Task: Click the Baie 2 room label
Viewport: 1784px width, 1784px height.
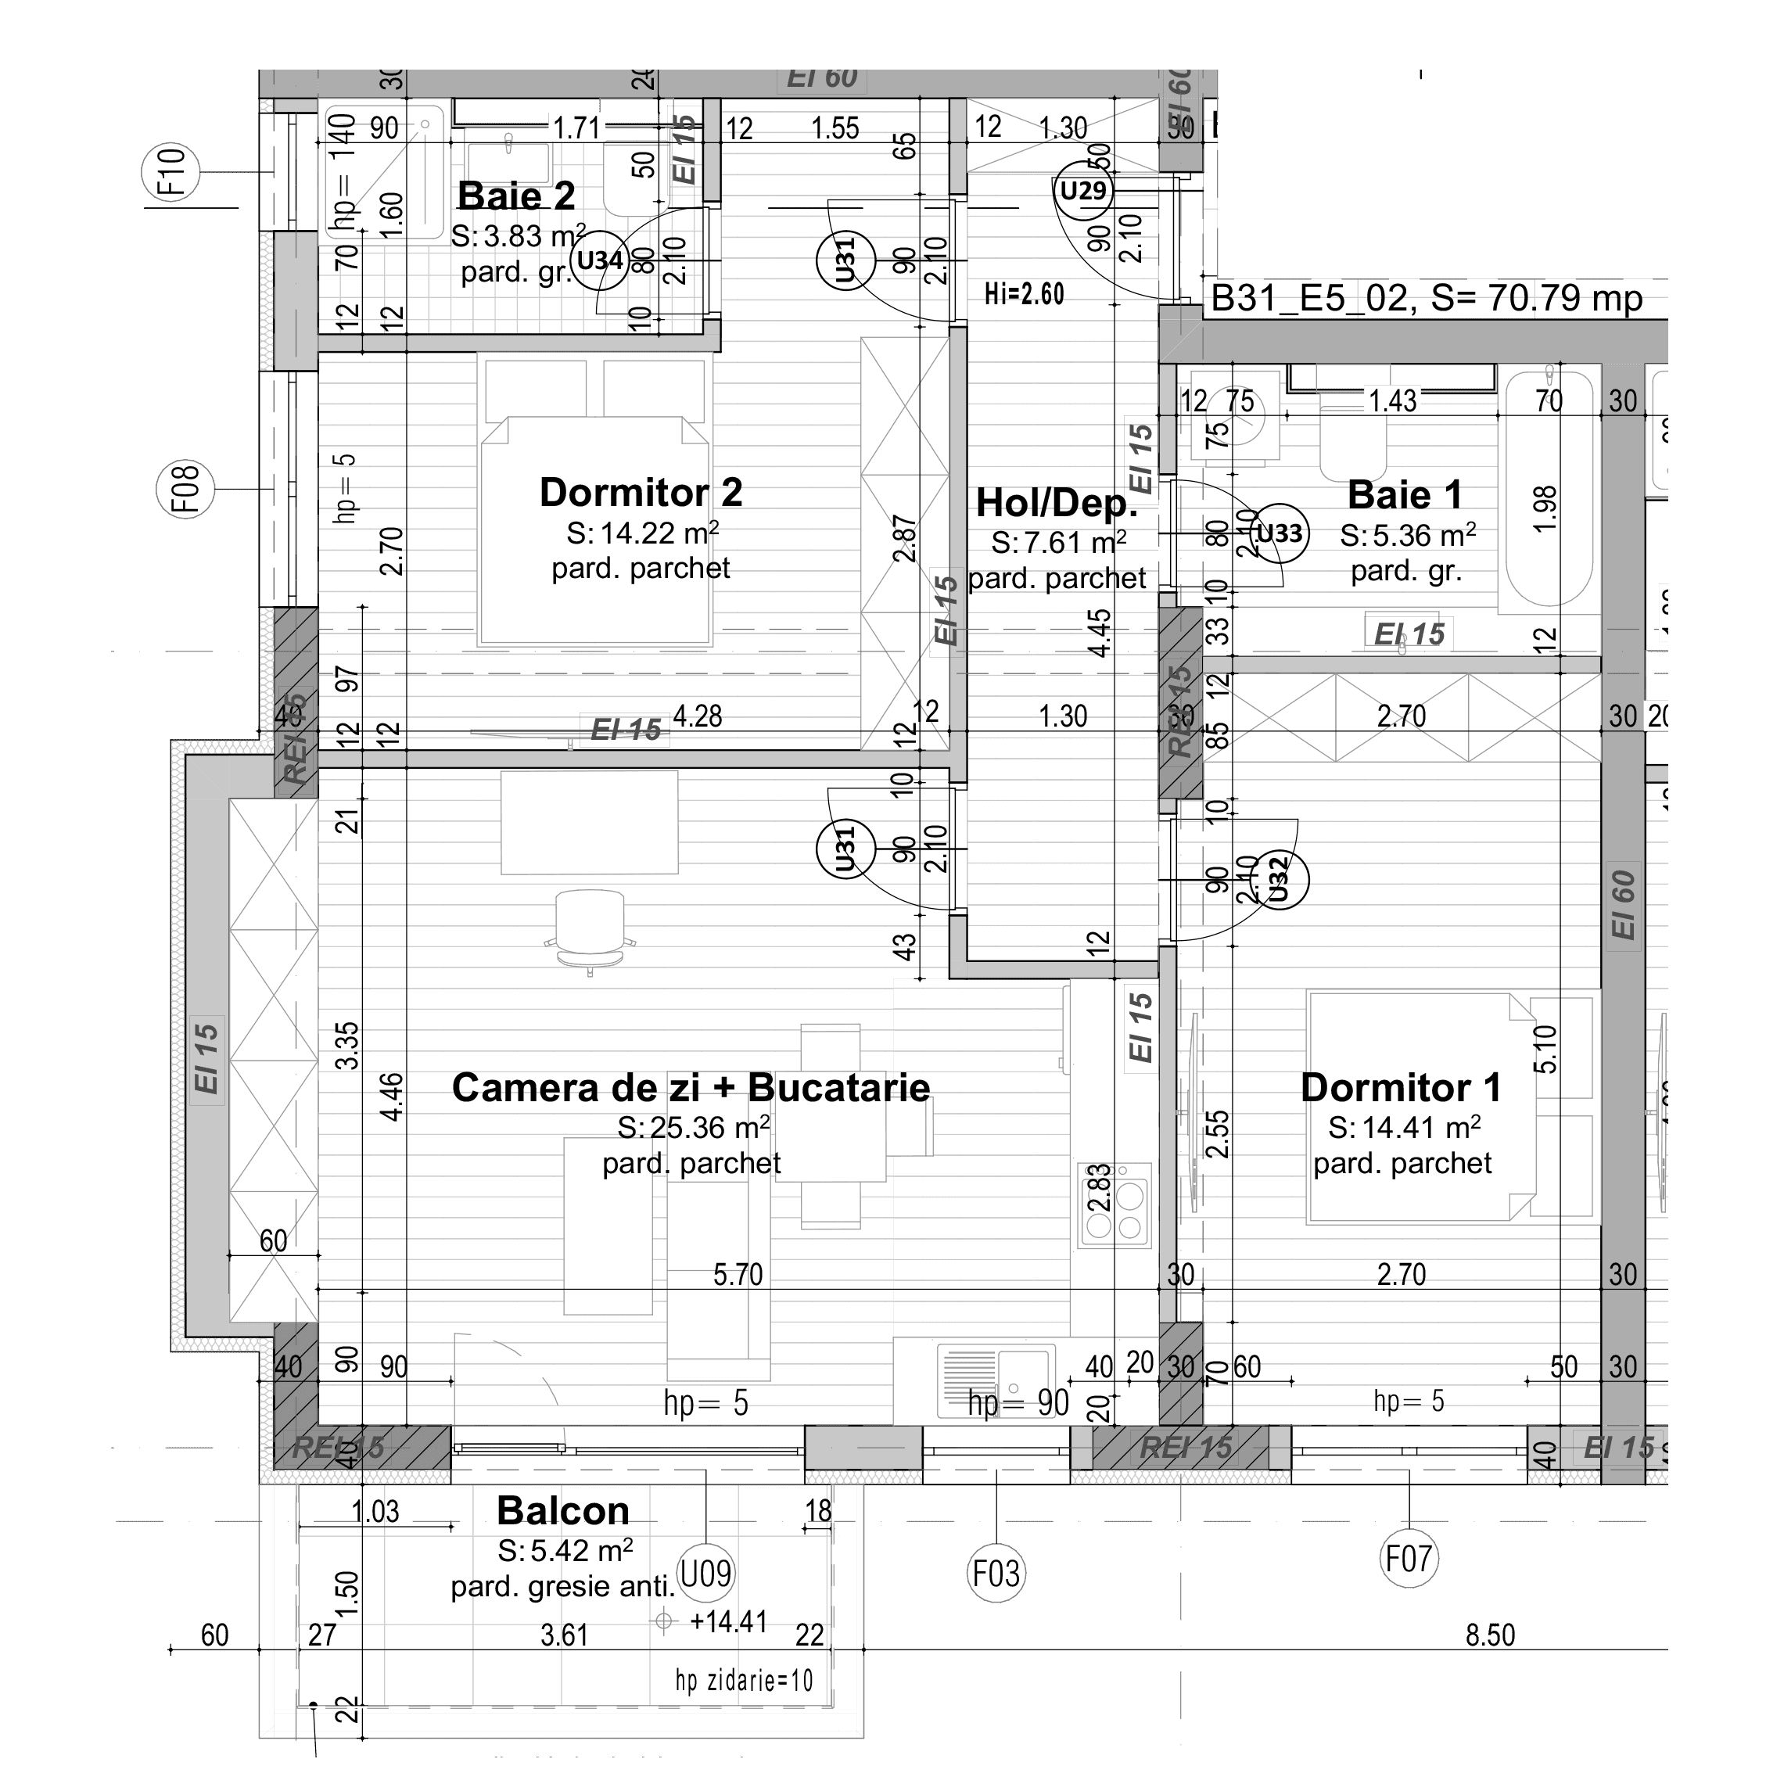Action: tap(516, 196)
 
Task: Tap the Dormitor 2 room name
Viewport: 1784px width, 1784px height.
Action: tap(641, 492)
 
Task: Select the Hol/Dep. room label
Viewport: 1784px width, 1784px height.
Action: tap(1057, 503)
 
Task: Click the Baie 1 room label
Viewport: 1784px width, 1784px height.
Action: tap(1405, 495)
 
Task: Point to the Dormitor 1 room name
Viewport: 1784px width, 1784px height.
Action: tap(1400, 1088)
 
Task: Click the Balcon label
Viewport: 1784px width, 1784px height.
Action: tap(562, 1511)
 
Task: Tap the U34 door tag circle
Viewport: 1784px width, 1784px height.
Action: tap(600, 260)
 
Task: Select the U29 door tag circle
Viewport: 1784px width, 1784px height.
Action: tap(1083, 191)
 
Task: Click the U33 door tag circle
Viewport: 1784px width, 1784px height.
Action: tap(1280, 533)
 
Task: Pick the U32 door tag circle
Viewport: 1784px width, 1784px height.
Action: tap(1280, 880)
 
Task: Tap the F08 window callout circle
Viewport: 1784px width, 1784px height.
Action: tap(185, 489)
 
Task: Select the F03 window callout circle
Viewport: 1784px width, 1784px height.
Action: tap(996, 1574)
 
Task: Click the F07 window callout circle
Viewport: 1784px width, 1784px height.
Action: tap(1408, 1559)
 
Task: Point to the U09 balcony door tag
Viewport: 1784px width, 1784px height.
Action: tap(705, 1573)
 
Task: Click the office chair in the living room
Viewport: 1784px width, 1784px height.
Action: tap(590, 929)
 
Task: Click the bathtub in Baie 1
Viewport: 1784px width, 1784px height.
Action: tap(1549, 490)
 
